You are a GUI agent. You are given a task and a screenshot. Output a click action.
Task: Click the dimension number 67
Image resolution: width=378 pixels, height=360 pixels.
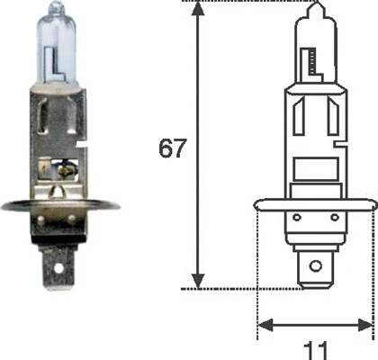point(172,148)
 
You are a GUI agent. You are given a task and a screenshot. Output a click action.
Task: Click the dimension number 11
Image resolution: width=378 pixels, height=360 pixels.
point(316,350)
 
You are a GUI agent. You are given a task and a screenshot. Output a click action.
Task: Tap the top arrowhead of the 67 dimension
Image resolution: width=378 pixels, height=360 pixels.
point(197,9)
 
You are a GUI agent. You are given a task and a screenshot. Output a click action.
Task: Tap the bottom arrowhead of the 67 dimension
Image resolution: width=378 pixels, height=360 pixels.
point(198,281)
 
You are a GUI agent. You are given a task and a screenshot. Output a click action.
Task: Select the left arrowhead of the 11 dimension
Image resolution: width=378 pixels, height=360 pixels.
point(265,325)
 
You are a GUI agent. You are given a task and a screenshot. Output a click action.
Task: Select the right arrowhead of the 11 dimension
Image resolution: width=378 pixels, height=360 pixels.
point(365,325)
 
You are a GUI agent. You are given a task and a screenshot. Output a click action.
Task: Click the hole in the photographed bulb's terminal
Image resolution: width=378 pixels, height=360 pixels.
point(58,268)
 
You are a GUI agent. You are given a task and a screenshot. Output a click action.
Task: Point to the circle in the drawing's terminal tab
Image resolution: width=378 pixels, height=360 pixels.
point(316,265)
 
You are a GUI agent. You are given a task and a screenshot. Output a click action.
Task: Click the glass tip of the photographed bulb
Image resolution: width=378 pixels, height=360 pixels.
point(57,6)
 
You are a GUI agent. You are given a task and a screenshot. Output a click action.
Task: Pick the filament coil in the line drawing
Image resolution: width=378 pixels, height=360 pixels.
point(312,61)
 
